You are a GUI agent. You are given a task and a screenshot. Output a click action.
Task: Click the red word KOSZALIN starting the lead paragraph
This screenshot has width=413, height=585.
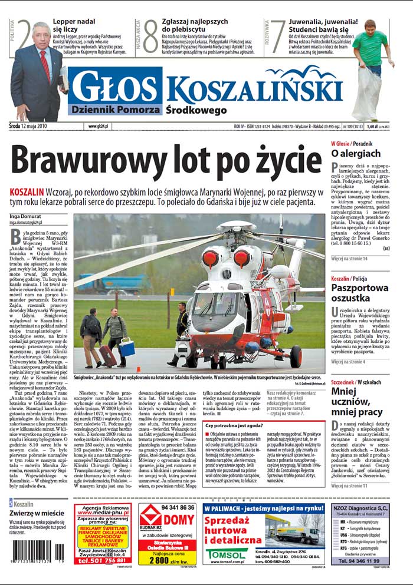coord(27,193)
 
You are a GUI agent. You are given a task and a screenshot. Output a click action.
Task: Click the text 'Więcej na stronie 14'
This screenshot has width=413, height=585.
coord(349,259)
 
